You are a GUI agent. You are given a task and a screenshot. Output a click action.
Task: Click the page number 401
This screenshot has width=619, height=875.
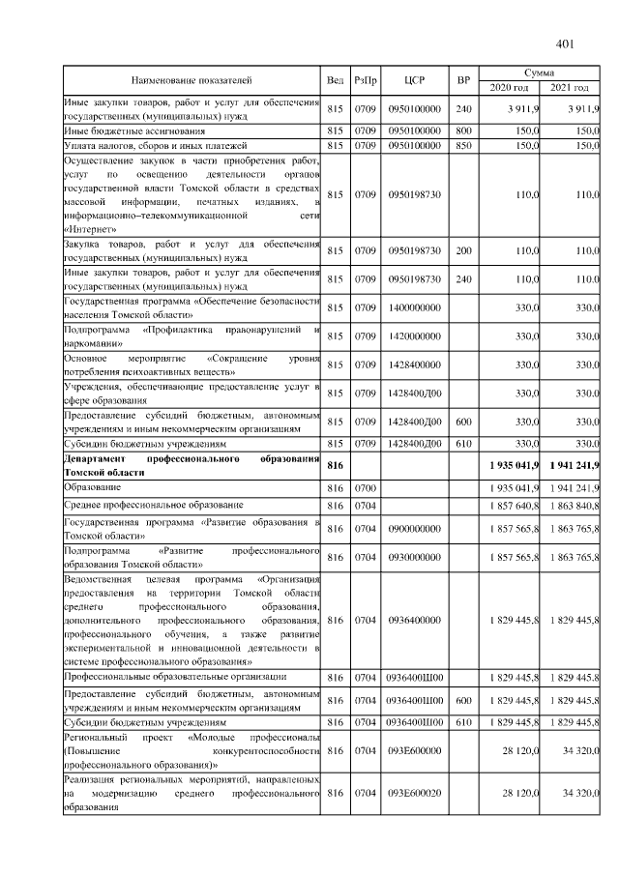pyautogui.click(x=566, y=44)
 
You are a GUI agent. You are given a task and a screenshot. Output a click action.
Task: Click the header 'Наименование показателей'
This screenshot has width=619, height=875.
pyautogui.click(x=192, y=80)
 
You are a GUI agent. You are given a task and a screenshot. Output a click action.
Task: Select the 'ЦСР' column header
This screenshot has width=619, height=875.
pyautogui.click(x=415, y=80)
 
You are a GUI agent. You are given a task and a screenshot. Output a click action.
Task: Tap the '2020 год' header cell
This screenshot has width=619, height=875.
pyautogui.click(x=509, y=88)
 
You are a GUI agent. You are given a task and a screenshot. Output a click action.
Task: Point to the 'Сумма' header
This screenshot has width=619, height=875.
pyautogui.click(x=539, y=73)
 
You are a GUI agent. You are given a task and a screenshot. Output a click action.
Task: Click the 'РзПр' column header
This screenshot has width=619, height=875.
pyautogui.click(x=365, y=80)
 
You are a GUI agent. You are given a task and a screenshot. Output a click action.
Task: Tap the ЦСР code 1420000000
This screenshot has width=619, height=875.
pyautogui.click(x=415, y=335)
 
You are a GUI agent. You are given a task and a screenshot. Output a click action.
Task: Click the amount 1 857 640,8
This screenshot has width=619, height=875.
pyautogui.click(x=513, y=505)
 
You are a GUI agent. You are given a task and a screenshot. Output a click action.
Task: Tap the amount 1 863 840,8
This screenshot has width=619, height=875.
pyautogui.click(x=573, y=505)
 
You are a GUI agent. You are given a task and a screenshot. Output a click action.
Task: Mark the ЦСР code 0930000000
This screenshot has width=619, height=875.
pyautogui.click(x=415, y=558)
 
